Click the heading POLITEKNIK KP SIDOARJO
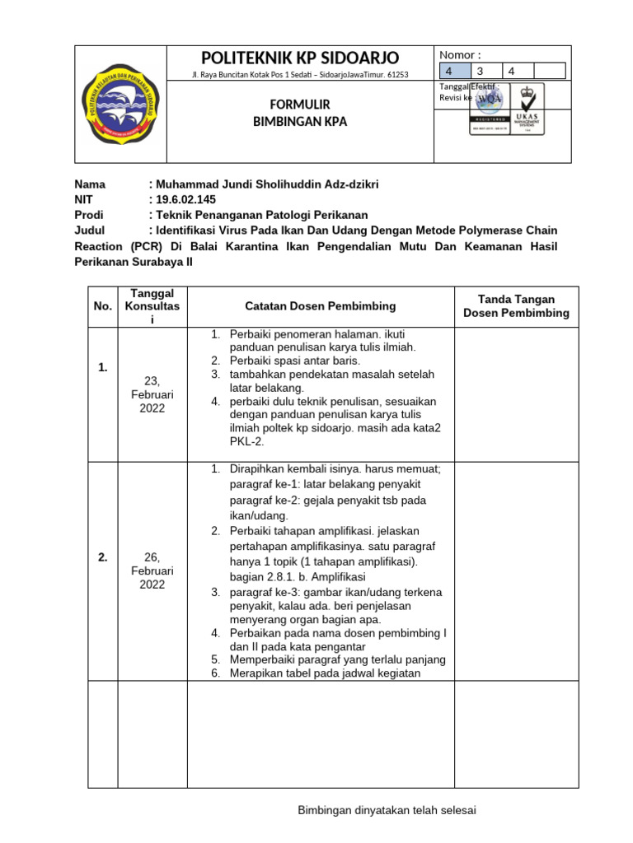(x=301, y=58)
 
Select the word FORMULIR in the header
(x=301, y=105)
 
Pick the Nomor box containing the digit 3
(x=486, y=72)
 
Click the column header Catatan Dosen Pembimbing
(x=321, y=306)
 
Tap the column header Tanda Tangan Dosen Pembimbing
(x=516, y=306)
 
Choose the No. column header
(x=103, y=306)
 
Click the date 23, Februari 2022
(x=152, y=394)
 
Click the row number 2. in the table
(x=103, y=557)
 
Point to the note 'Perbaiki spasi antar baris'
(x=294, y=361)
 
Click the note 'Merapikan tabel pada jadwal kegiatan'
(x=325, y=673)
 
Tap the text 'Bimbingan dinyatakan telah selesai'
(x=387, y=811)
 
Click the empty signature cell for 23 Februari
(x=516, y=394)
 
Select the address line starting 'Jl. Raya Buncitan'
(x=299, y=75)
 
